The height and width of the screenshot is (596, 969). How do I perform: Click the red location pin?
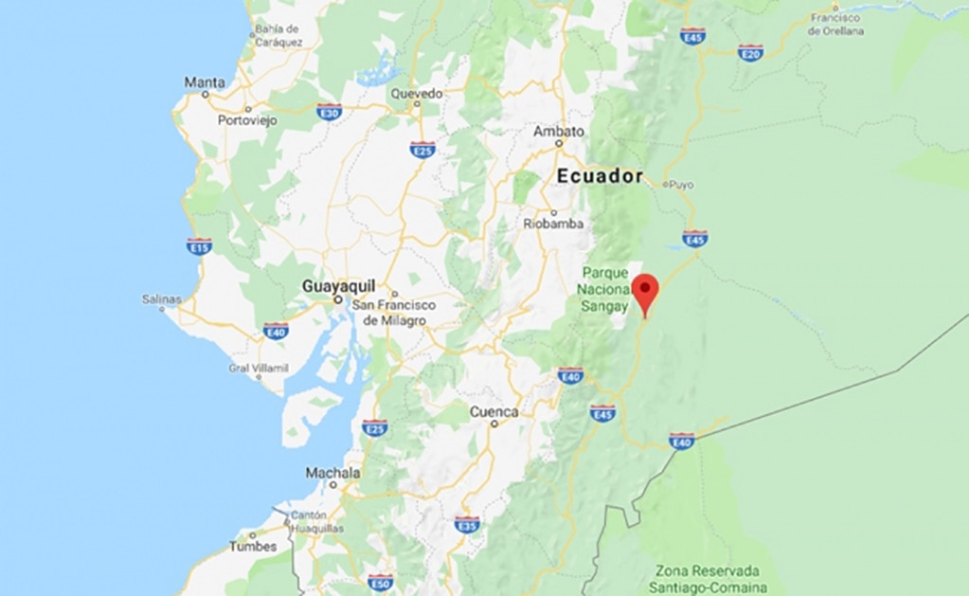coord(646,290)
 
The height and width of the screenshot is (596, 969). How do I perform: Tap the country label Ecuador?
coord(600,176)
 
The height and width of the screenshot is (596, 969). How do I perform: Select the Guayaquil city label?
coord(338,285)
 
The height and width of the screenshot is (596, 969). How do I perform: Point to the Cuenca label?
coord(494,412)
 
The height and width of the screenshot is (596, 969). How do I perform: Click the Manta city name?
coord(205,82)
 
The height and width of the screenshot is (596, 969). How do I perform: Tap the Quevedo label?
coord(417,94)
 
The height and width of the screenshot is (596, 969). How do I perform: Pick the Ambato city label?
coord(559,132)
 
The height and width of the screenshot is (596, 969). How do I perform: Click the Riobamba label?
coord(553,225)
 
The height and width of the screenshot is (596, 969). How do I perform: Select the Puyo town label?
coord(682,185)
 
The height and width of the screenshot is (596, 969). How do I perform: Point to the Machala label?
coord(332,473)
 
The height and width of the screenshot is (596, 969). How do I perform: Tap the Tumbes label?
coord(253,547)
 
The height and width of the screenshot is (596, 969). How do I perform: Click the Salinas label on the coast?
coord(161,299)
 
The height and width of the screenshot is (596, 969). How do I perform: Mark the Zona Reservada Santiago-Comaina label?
coord(709,579)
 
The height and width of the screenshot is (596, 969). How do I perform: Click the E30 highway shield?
coord(330,111)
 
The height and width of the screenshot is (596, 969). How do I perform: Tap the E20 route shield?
coord(751,53)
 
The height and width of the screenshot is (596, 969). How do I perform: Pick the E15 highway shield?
coord(199,246)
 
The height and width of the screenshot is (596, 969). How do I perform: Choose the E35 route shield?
coord(467,524)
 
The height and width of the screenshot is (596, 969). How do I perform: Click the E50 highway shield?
coord(380,582)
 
